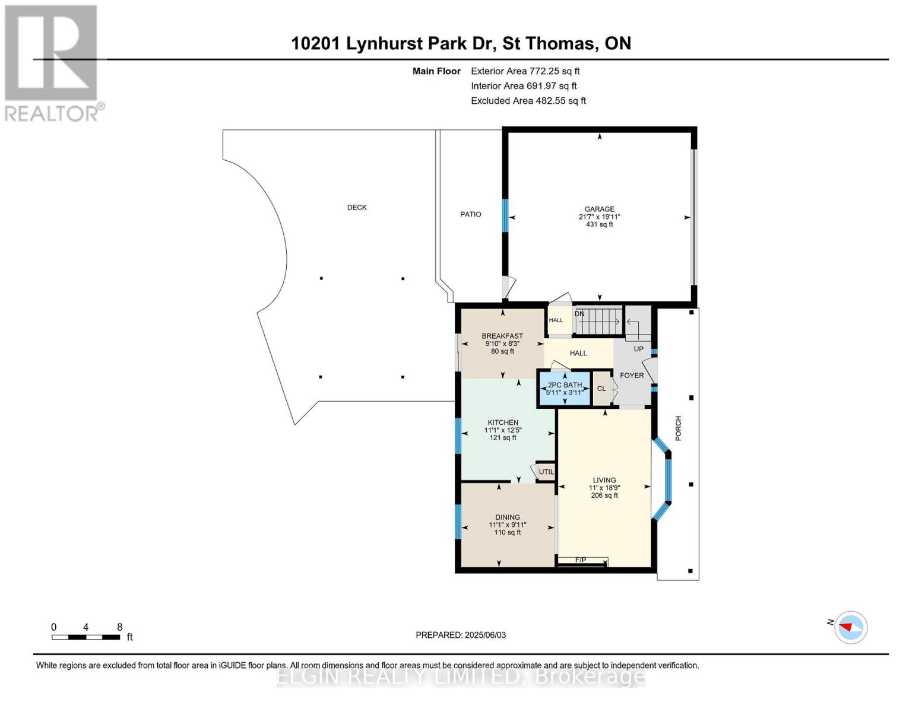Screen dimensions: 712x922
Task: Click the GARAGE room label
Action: (x=599, y=209)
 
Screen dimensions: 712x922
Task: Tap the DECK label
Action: (x=357, y=207)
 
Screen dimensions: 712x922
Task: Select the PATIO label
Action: (x=471, y=214)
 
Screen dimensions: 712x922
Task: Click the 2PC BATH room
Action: (x=565, y=388)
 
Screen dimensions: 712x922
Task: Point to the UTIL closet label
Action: (x=546, y=472)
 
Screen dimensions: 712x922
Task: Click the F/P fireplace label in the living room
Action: (x=581, y=560)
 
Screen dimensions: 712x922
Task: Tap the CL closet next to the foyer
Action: (x=601, y=389)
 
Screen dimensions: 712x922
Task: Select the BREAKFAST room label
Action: (x=502, y=336)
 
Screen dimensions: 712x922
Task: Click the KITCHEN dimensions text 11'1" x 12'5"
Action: (x=503, y=430)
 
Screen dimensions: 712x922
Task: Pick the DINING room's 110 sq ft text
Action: (x=508, y=532)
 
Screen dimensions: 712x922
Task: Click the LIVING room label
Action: (x=604, y=480)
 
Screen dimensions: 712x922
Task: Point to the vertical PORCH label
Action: (x=678, y=428)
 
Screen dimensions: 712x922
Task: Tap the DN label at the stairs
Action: (x=579, y=314)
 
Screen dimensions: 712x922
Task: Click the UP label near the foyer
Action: (x=638, y=349)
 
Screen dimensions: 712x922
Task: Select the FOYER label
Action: (x=632, y=375)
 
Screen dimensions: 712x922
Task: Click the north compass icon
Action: (x=850, y=627)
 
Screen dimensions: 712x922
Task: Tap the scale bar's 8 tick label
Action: (x=119, y=627)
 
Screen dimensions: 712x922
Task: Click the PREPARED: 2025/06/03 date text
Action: (x=461, y=635)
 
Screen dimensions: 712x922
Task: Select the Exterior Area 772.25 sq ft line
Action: (x=525, y=71)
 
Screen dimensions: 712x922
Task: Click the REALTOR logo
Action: (x=52, y=62)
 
